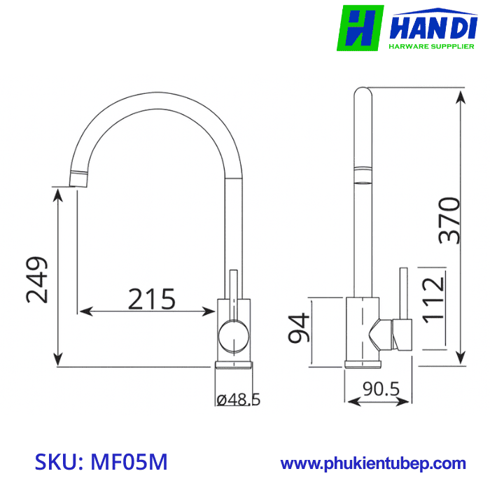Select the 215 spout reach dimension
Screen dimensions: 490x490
[x=151, y=299]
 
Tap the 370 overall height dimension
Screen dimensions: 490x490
[x=449, y=220]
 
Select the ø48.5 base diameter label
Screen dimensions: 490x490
[x=238, y=400]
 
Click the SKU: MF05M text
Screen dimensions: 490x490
[x=101, y=463]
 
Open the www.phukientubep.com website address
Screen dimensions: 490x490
[x=373, y=463]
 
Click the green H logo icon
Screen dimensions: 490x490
[x=360, y=28]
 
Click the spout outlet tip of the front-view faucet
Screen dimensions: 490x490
[x=79, y=178]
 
